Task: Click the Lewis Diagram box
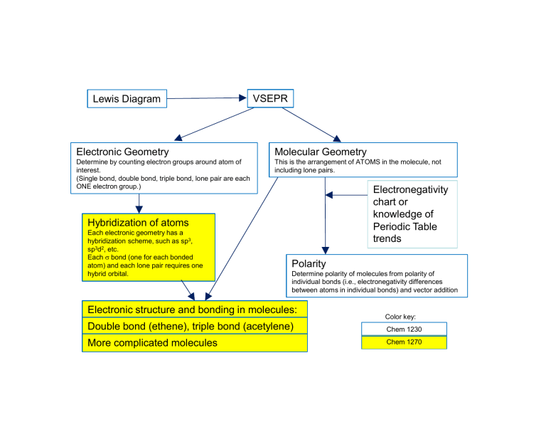127,99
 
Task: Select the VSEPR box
270,98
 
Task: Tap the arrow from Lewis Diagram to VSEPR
207,98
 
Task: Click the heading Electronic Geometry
122,152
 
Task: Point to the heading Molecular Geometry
321,152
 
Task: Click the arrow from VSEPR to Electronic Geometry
214,124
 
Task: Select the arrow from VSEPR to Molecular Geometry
311,125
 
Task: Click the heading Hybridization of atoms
138,223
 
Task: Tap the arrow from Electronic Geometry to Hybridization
139,204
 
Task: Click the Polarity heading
309,263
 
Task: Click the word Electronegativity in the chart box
410,189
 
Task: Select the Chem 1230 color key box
404,329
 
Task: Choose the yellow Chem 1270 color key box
404,342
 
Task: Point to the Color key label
400,317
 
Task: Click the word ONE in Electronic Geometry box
83,186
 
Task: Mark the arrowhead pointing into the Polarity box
325,250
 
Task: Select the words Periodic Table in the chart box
405,226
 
